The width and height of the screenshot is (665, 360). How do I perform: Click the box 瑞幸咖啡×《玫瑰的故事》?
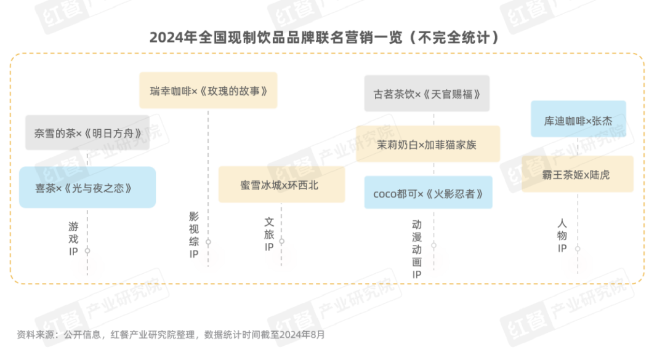208,90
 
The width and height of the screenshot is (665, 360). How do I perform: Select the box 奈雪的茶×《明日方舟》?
87,132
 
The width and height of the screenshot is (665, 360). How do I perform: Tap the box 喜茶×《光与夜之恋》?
87,187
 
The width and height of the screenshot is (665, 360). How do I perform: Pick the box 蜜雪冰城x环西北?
281,184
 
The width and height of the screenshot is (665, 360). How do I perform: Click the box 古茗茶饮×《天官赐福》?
426,94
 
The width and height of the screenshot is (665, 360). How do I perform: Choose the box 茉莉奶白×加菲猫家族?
427,144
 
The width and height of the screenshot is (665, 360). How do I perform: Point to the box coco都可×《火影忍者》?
427,193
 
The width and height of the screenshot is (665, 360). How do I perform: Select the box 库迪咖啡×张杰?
578,119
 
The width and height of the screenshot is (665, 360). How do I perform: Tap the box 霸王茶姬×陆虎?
578,174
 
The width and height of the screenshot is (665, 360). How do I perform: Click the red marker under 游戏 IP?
87,265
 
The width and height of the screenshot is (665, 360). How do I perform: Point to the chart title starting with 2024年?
324,38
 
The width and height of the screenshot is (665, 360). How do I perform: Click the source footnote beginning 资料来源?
170,335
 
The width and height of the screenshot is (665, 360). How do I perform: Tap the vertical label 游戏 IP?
74,237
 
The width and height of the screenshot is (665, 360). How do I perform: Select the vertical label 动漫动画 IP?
417,249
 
